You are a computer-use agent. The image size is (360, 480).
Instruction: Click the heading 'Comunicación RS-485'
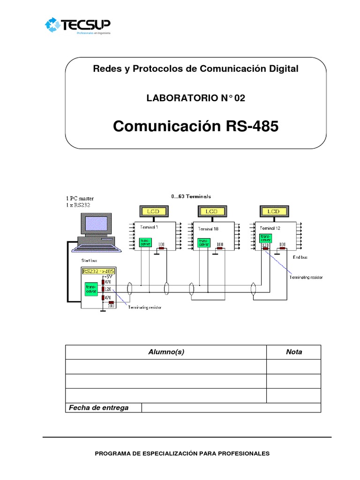pos(196,127)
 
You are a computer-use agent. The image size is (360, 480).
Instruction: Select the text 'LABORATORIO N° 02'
pos(196,98)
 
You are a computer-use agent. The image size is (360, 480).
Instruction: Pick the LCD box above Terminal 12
pos(273,212)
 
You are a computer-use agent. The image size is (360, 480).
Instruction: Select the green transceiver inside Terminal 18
pos(203,242)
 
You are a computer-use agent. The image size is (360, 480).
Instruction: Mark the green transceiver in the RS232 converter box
pos(90,289)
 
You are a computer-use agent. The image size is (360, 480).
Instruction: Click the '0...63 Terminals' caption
pos(191,196)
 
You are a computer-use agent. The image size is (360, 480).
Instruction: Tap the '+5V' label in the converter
pos(106,277)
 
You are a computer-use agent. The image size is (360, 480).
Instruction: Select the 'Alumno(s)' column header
pos(166,352)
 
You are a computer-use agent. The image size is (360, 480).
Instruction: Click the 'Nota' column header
pos(294,352)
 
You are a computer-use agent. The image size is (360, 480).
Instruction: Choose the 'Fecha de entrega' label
pos(99,408)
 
